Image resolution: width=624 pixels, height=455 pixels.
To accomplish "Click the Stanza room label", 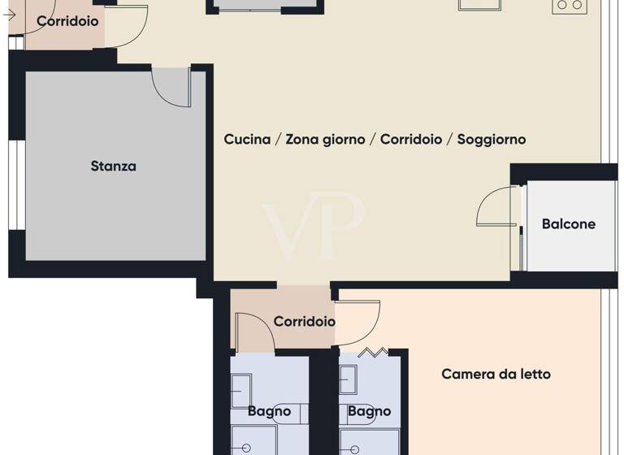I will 113,167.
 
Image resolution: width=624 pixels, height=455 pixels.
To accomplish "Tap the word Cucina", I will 247,140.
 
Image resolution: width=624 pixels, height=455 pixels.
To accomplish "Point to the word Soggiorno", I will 492,140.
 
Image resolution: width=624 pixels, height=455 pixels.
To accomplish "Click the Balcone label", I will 569,224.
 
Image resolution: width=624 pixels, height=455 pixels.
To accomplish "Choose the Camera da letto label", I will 496,375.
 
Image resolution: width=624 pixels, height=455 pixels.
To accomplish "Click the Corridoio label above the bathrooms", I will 304,322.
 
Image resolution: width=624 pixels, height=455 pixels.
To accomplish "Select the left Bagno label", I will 269,412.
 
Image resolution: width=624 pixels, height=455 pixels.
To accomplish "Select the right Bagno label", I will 369,412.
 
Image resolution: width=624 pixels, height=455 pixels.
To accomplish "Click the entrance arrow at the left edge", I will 10,14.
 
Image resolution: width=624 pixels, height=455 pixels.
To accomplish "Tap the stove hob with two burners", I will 569,6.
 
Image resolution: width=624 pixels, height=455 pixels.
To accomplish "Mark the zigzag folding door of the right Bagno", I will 372,352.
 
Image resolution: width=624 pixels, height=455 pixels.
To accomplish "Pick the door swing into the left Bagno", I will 254,333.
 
